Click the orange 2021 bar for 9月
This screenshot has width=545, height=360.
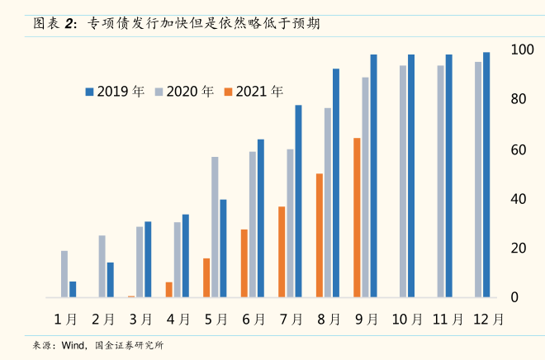[357, 217]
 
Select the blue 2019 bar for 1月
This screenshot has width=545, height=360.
[73, 289]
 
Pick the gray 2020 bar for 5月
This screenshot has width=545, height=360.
[215, 226]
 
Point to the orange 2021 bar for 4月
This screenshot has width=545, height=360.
[169, 289]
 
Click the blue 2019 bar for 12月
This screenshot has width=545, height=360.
[486, 174]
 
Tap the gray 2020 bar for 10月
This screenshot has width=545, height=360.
[403, 181]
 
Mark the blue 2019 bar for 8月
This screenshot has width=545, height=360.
[336, 182]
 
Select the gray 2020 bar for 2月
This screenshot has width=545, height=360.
[102, 266]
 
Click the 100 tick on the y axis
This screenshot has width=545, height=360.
[519, 50]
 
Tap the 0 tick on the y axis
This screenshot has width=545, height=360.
[514, 297]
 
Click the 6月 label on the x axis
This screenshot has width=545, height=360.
[254, 319]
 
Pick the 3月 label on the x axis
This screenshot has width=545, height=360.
[141, 319]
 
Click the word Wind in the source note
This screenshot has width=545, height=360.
[73, 345]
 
